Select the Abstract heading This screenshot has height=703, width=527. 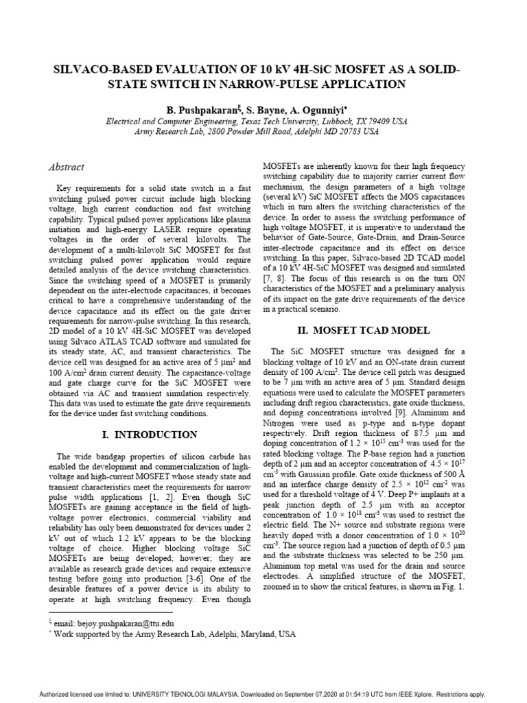point(67,167)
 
